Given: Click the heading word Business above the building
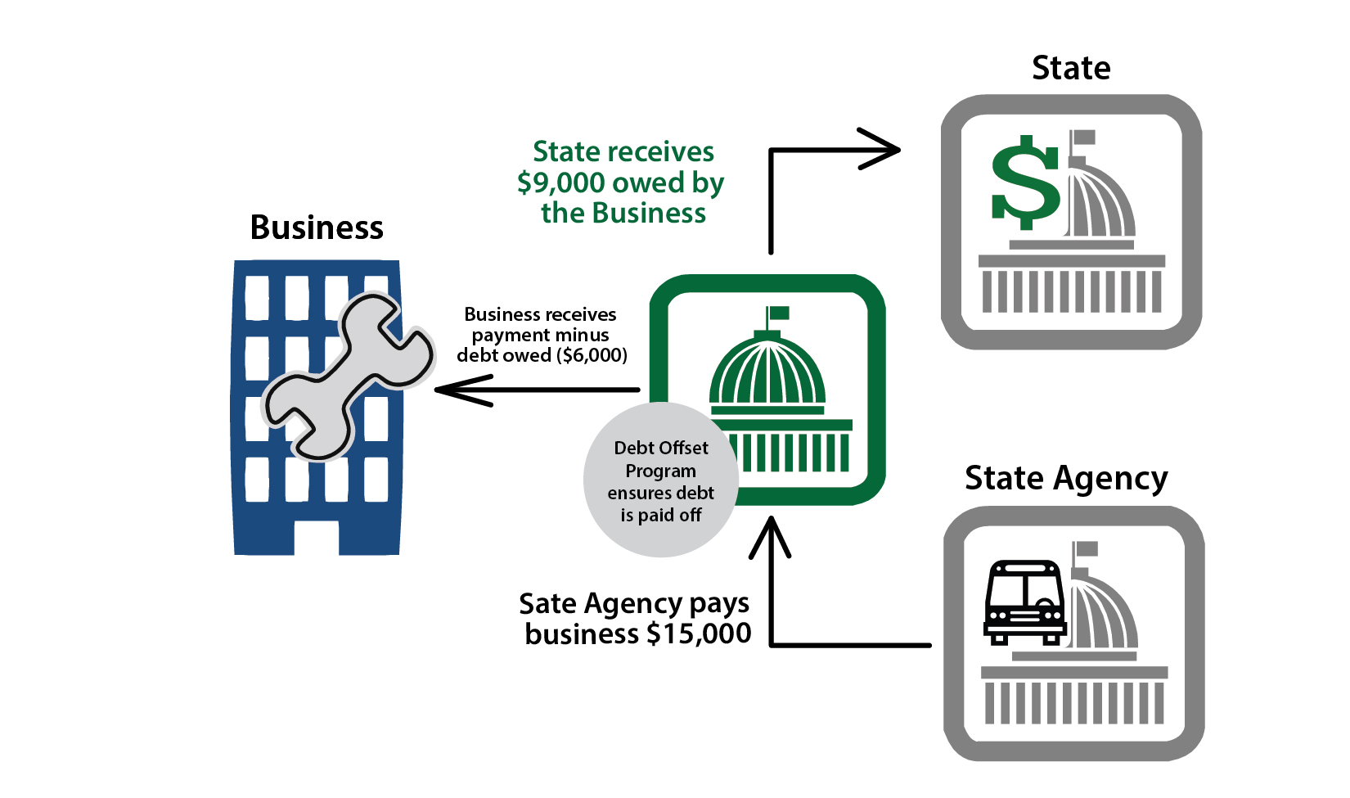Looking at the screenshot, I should (x=317, y=228).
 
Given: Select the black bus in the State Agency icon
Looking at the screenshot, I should (x=1024, y=602).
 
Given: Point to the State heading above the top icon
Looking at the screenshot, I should (x=1071, y=68).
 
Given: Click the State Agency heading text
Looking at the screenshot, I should (x=1066, y=479).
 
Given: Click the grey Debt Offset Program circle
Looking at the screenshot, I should (x=660, y=480).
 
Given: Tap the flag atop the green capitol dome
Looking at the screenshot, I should (x=777, y=313).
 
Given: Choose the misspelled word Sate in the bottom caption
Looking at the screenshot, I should (x=547, y=604).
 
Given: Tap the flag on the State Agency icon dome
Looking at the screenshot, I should (x=1086, y=548).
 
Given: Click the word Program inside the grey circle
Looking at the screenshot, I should (x=660, y=471).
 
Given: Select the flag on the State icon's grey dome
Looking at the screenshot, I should (x=1083, y=137).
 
